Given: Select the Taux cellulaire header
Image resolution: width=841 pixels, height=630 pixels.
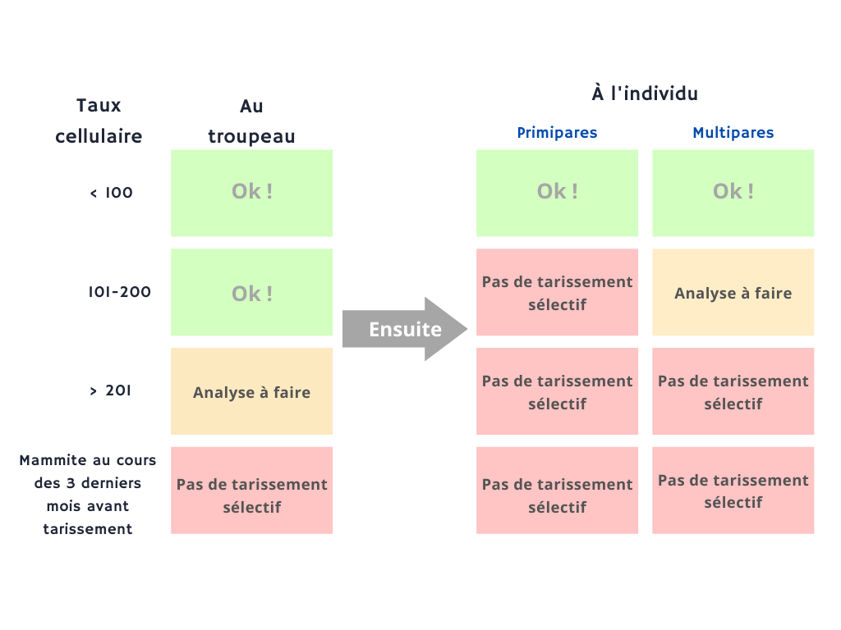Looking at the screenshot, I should click(99, 121).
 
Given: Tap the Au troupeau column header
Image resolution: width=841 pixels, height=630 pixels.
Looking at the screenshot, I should click(251, 121).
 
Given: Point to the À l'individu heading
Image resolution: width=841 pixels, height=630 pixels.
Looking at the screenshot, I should click(645, 94).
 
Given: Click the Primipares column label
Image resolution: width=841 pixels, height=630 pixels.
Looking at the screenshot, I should click(557, 133).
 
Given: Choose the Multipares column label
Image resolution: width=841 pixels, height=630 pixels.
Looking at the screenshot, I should click(733, 133).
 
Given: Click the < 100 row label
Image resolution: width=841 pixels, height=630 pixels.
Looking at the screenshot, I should click(111, 193).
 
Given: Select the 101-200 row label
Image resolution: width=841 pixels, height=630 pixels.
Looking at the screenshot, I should click(120, 292).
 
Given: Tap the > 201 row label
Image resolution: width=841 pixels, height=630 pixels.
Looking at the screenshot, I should click(110, 390).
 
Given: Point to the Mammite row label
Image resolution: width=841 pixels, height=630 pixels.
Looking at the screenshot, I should click(88, 495).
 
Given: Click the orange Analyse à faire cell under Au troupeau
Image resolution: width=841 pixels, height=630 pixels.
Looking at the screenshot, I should click(252, 391).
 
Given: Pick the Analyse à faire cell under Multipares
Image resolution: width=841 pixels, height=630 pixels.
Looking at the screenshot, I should click(733, 293).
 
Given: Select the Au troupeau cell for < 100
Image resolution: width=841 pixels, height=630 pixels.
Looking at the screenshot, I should click(252, 193).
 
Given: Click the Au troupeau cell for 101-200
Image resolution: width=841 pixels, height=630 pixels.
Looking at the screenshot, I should click(252, 293).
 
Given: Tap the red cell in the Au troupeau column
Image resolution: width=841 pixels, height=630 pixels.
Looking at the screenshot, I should click(252, 491).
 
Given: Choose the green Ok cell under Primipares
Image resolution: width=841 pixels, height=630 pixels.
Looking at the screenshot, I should click(558, 193).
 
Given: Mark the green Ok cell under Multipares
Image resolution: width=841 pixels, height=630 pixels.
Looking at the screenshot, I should click(733, 193).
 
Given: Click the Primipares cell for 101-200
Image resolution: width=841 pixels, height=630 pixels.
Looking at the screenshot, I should click(558, 293).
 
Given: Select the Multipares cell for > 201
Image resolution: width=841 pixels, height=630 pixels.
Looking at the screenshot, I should click(733, 391).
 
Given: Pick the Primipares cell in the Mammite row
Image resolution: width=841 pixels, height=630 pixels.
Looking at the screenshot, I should click(558, 491).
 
